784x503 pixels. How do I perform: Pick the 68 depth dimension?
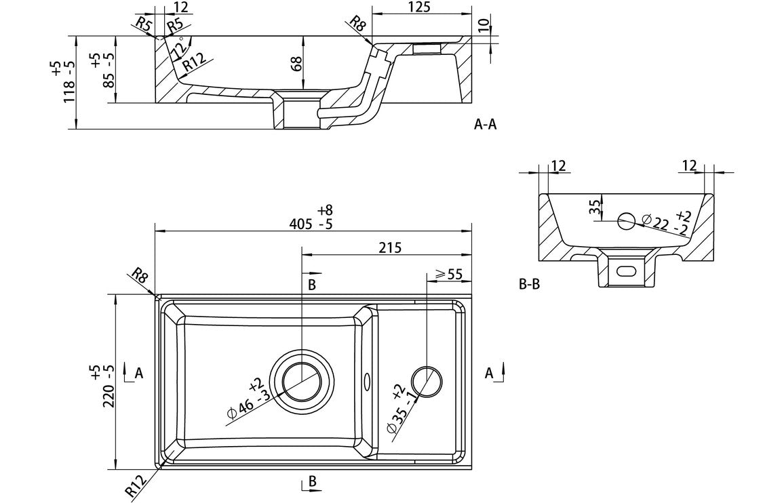(x=296, y=64)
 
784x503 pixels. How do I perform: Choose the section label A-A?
(x=486, y=125)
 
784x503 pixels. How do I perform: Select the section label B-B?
(x=529, y=285)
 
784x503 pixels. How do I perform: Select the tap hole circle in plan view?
(x=426, y=378)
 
